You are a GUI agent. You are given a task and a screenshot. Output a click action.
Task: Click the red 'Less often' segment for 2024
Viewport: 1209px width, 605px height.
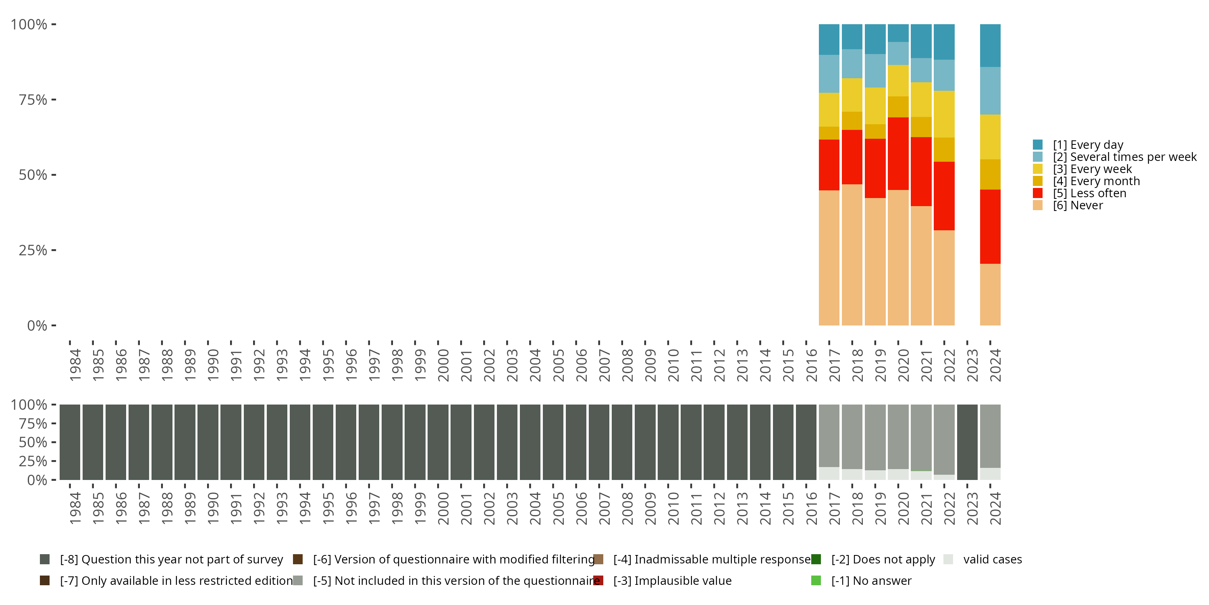pyautogui.click(x=990, y=226)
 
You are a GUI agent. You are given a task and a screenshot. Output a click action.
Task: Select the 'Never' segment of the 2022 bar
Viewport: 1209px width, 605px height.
pyautogui.click(x=944, y=277)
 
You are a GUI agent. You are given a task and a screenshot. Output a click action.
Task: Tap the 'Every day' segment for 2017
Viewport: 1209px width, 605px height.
pyautogui.click(x=829, y=40)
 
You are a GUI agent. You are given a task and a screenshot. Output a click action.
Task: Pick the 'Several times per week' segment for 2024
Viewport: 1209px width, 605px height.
pyautogui.click(x=990, y=91)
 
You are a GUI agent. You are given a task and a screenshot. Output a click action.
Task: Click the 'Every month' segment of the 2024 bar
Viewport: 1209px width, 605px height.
pyautogui.click(x=990, y=174)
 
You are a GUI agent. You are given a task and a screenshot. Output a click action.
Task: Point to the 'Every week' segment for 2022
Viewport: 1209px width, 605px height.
pyautogui.click(x=944, y=114)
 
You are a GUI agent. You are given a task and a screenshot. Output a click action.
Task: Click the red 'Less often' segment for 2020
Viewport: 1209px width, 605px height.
pyautogui.click(x=898, y=154)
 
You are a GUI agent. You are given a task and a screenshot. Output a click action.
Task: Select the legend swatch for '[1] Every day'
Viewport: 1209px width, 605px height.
pyautogui.click(x=1038, y=145)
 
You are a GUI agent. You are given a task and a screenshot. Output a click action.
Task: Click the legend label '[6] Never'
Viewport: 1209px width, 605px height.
pyautogui.click(x=1078, y=206)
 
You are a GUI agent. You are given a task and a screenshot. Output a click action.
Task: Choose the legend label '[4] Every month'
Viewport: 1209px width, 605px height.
pyautogui.click(x=1096, y=181)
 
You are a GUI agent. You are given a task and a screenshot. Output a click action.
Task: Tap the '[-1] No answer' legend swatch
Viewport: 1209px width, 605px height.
pyautogui.click(x=816, y=580)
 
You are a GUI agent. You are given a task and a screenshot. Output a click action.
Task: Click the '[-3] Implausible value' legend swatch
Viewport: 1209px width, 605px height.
pyautogui.click(x=598, y=580)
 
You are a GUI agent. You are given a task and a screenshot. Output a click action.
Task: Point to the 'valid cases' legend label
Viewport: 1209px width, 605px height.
pyautogui.click(x=992, y=559)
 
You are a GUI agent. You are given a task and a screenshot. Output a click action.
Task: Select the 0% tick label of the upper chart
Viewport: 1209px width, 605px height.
pyautogui.click(x=37, y=325)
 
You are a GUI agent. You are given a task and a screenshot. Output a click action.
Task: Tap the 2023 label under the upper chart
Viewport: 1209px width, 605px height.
pyautogui.click(x=972, y=365)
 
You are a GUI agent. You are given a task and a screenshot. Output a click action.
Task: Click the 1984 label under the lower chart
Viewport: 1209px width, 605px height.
pyautogui.click(x=75, y=508)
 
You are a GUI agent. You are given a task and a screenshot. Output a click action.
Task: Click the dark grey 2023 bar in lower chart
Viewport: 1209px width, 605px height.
pyautogui.click(x=967, y=442)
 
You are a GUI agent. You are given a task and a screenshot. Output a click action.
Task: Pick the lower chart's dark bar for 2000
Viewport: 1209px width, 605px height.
pyautogui.click(x=438, y=442)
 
